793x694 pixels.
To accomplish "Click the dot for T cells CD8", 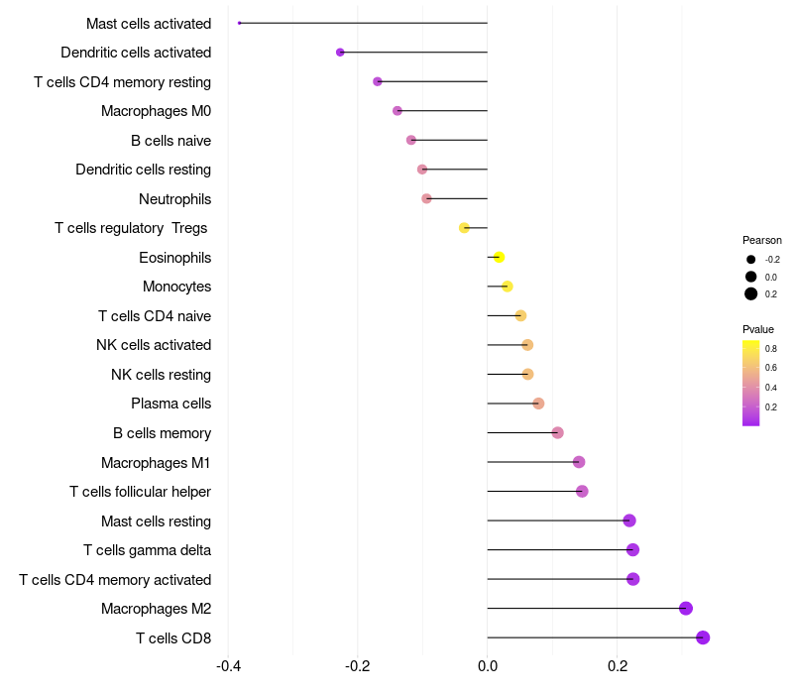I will point(703,637).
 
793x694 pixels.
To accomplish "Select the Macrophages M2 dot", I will point(686,609).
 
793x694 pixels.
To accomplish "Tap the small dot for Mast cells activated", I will point(240,23).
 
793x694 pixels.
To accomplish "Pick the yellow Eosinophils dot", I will point(499,258).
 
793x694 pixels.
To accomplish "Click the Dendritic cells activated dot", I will point(340,52).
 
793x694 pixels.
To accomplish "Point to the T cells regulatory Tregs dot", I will point(464,228).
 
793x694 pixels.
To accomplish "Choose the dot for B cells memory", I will point(557,433).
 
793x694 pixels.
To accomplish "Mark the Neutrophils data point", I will point(426,198).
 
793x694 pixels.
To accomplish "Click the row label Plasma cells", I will point(170,404).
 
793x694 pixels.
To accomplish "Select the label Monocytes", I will point(176,287).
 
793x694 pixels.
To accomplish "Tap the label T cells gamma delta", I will point(147,550).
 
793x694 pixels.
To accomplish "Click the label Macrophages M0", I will point(156,111).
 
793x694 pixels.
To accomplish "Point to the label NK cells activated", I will point(154,345).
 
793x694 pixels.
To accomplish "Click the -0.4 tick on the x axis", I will point(227,665).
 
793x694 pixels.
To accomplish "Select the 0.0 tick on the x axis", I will point(488,665).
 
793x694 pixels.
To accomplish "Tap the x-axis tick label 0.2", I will point(618,665).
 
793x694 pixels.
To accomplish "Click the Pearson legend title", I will point(762,240).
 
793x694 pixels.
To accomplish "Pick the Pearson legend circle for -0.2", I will point(751,260).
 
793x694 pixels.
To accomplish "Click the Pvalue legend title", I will point(758,329).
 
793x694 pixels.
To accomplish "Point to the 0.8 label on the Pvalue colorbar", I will point(770,349).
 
